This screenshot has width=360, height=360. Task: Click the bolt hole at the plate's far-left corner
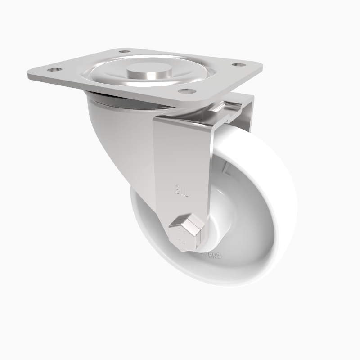pos(54,70)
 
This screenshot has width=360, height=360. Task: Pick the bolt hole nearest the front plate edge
pos(187,91)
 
